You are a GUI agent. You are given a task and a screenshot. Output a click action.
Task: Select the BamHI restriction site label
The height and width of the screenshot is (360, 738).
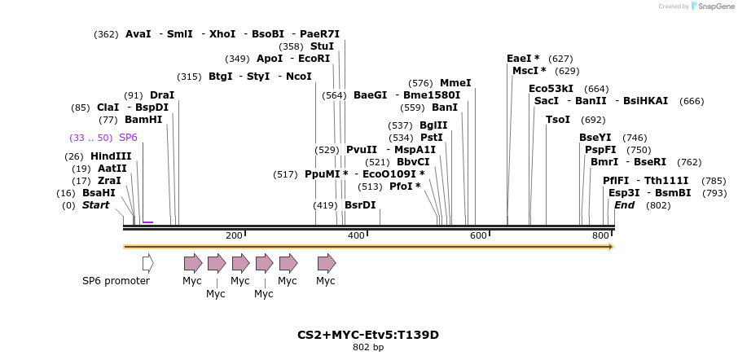143,120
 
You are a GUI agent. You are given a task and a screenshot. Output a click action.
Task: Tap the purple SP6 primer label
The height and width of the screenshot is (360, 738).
128,138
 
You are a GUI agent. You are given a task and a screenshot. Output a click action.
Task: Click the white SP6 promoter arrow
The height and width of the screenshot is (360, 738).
147,263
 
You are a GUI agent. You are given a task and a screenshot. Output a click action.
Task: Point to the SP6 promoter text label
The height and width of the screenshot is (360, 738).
116,281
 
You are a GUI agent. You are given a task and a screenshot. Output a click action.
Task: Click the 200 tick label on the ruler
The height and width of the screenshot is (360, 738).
234,235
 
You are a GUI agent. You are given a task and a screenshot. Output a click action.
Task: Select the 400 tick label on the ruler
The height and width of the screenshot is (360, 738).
356,235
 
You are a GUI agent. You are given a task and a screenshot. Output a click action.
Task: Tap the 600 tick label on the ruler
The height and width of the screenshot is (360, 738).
478,235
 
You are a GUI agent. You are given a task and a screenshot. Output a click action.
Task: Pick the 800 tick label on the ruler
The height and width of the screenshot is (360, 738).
600,235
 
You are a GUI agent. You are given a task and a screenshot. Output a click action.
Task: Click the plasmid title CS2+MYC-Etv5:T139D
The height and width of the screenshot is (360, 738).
368,335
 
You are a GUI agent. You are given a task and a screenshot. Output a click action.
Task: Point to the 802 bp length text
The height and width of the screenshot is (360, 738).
368,348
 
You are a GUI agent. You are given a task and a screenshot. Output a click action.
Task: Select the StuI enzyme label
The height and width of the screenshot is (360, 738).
322,46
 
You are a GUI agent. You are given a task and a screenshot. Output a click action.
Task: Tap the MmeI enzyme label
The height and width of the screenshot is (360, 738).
455,83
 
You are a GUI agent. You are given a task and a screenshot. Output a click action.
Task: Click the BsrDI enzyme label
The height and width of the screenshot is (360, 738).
360,205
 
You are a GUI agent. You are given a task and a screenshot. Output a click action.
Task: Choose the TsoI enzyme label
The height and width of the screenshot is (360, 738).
558,120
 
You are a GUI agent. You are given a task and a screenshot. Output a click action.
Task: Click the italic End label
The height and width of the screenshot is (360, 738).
624,205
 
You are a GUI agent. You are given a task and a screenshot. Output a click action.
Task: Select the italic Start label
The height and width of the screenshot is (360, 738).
95,205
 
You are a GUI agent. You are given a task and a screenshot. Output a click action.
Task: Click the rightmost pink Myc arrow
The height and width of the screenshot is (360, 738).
327,263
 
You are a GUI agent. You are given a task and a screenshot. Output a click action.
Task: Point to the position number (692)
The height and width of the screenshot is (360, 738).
593,120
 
